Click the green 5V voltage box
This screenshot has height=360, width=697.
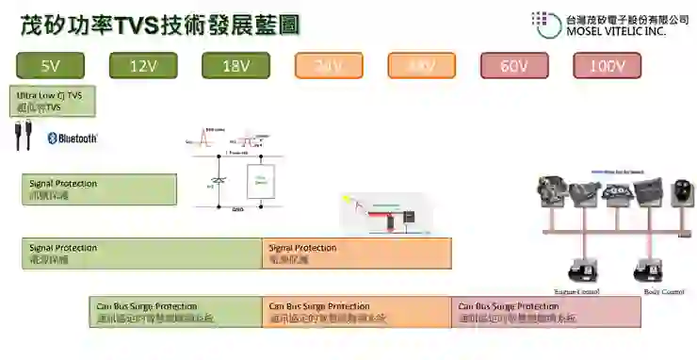click(51, 66)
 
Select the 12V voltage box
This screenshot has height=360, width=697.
click(143, 66)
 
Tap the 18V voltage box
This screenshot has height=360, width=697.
click(235, 66)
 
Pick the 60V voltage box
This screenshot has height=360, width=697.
click(514, 66)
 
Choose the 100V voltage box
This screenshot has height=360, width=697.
click(608, 66)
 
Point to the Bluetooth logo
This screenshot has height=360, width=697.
click(73, 139)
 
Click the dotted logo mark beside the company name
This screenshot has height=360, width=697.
click(544, 24)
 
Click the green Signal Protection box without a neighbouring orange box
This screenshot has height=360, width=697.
click(99, 188)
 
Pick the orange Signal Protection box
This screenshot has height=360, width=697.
click(356, 254)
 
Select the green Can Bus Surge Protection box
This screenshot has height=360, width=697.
click(175, 312)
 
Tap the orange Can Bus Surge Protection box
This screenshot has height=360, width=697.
click(356, 312)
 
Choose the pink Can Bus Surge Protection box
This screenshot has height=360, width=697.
click(545, 312)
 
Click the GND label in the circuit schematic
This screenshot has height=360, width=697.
click(237, 209)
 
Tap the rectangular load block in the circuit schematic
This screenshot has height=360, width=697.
click(260, 181)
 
